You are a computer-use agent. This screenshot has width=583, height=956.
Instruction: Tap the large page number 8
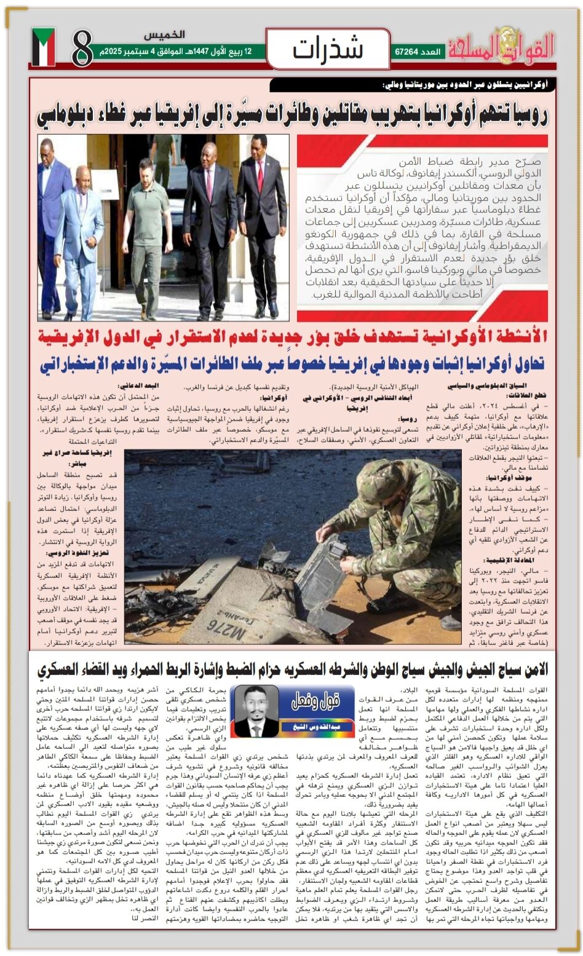(82, 49)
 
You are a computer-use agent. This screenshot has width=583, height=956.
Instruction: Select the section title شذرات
(328, 49)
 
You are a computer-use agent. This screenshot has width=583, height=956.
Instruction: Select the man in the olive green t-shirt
(148, 234)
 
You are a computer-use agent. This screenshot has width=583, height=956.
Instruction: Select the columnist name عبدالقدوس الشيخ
(317, 727)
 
